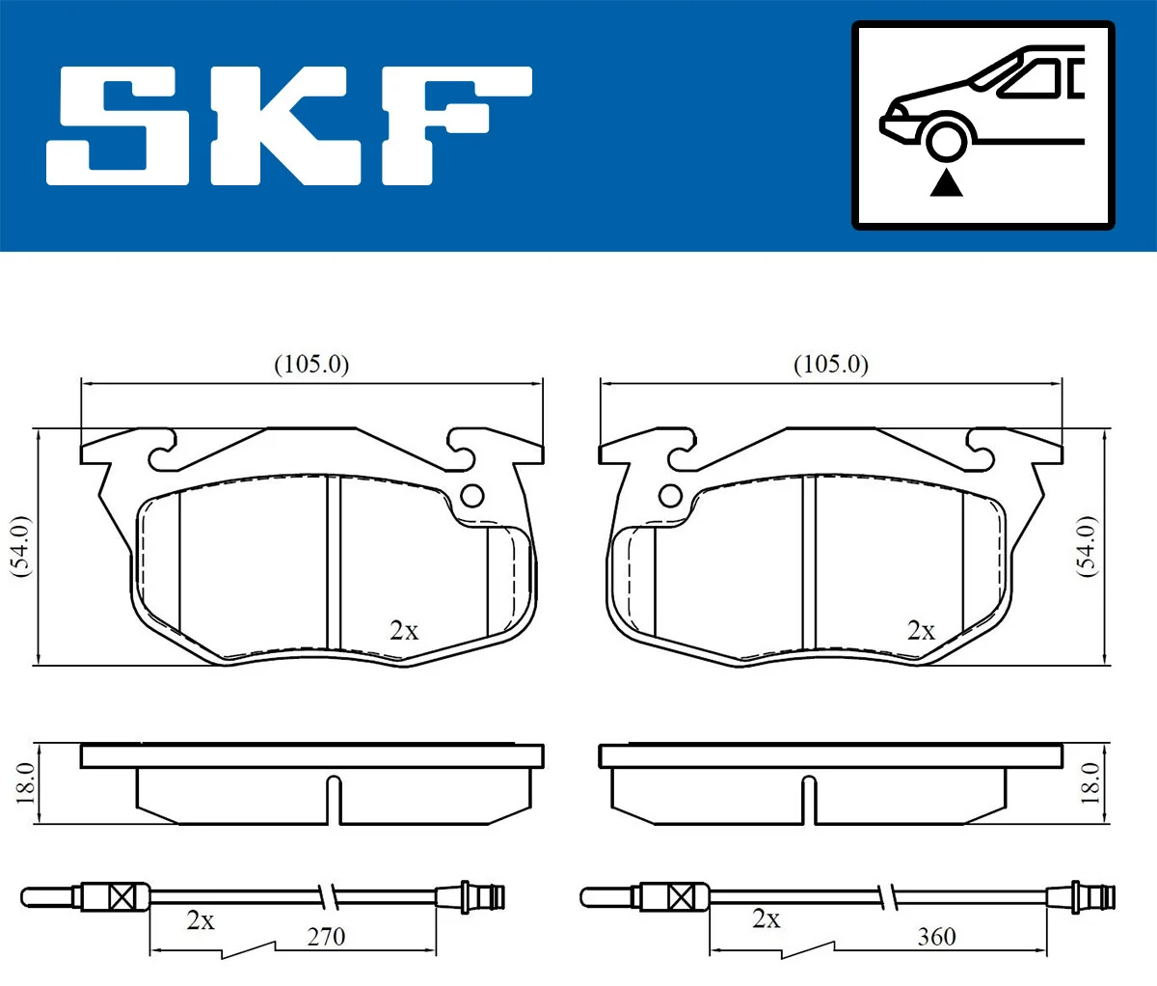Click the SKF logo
coord(289,125)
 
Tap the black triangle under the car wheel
coord(947,182)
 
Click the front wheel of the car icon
coord(946,138)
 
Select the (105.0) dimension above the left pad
coord(311,365)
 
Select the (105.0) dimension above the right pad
coord(830,365)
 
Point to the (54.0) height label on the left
coord(20,546)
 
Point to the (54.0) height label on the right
coord(1087,546)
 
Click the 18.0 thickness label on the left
coord(25,782)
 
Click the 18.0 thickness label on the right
coord(1090,782)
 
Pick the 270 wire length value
coord(326,937)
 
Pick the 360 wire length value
coord(936,937)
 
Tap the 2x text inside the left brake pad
coord(404,631)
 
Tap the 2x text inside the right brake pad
coord(921,631)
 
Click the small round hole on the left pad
coord(471,496)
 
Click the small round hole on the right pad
coord(670,496)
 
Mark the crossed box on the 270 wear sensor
coord(122,897)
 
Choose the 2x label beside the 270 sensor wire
coord(201,921)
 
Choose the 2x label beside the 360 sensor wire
coord(766,919)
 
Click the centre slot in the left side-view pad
coord(334,801)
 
